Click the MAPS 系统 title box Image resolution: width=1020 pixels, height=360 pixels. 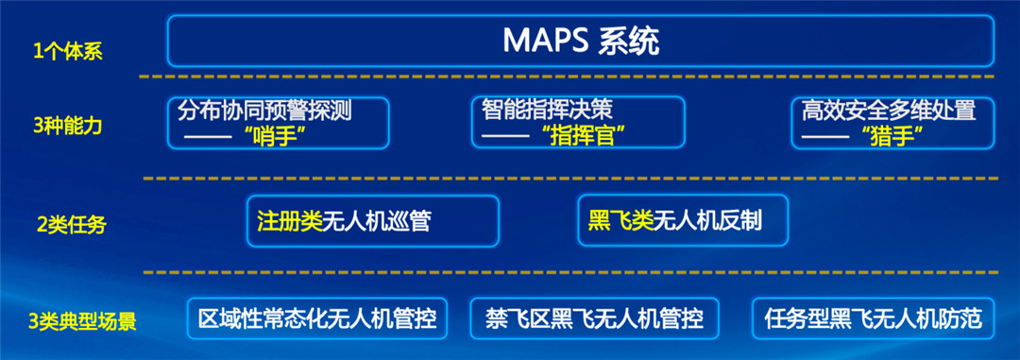[x=580, y=42]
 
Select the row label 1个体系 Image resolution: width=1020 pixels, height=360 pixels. [x=67, y=51]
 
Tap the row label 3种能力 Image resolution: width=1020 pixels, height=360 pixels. [x=67, y=124]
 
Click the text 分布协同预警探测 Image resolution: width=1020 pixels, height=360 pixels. [x=264, y=111]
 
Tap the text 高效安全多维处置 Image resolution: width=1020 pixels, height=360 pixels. [x=888, y=111]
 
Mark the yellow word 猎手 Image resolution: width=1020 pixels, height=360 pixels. [x=892, y=136]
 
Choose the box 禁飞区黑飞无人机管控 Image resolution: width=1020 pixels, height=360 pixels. [x=594, y=318]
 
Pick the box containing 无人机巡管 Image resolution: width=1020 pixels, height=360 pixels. [x=372, y=221]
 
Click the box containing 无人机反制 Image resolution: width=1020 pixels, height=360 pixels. [x=680, y=221]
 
